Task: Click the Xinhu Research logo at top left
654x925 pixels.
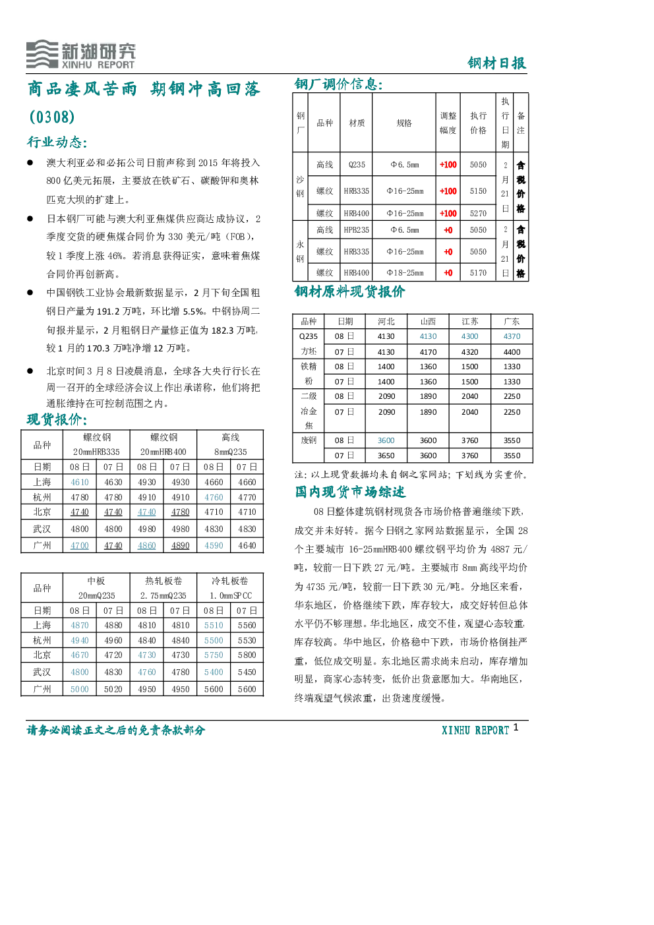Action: [81, 54]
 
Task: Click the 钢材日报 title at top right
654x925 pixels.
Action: [496, 63]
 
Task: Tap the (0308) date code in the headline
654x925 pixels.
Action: [52, 117]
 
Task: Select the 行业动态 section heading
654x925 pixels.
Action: [57, 142]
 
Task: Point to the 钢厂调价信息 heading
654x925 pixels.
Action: [339, 84]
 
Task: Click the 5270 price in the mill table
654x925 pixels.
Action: [478, 213]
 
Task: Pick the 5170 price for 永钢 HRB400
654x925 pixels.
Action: [478, 272]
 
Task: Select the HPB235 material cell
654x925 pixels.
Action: [356, 229]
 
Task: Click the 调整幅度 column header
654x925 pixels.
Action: [448, 123]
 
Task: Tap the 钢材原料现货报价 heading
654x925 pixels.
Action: [349, 291]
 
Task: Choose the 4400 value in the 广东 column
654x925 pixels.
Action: [512, 352]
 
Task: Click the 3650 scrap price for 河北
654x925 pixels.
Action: [386, 456]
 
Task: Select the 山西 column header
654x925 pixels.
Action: [428, 321]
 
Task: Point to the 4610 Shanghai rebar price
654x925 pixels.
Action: [79, 482]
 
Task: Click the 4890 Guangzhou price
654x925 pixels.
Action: [181, 545]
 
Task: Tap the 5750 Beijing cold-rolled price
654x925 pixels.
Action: [214, 655]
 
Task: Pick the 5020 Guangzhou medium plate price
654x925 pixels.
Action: [113, 689]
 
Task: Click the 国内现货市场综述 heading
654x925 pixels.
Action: [350, 492]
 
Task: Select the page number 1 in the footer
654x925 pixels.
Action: [516, 727]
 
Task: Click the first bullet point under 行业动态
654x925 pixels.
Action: [30, 163]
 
